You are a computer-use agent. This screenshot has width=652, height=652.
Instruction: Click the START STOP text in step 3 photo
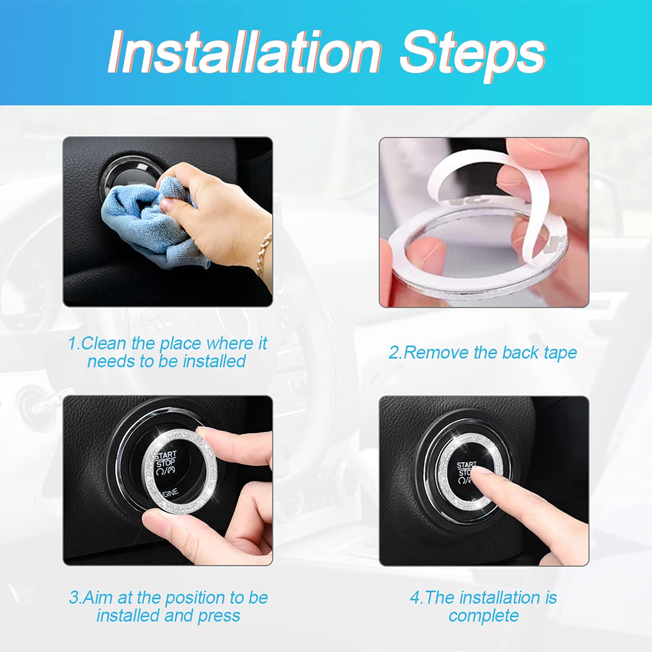coord(165,460)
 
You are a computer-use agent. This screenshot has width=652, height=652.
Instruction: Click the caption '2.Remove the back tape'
coord(482,353)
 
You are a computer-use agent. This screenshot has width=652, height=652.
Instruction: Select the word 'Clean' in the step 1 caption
coord(104,343)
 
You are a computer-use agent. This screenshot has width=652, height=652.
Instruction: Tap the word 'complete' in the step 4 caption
coord(484,616)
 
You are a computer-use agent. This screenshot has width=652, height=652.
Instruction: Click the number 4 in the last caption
coord(415,598)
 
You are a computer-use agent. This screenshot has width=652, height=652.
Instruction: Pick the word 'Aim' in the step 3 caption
coord(99,598)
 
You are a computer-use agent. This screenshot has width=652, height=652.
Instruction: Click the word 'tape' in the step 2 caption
coord(560,353)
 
